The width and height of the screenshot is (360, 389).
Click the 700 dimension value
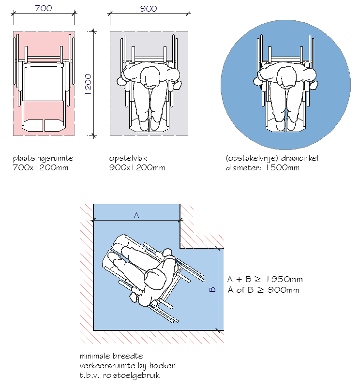(x=44, y=9)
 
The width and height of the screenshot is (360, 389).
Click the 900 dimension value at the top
(x=148, y=9)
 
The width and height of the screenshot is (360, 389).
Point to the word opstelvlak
(x=128, y=159)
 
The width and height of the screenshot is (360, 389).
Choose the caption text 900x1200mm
(x=137, y=168)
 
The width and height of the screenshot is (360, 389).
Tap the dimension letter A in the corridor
(x=136, y=216)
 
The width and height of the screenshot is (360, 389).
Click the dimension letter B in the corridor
(x=211, y=289)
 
